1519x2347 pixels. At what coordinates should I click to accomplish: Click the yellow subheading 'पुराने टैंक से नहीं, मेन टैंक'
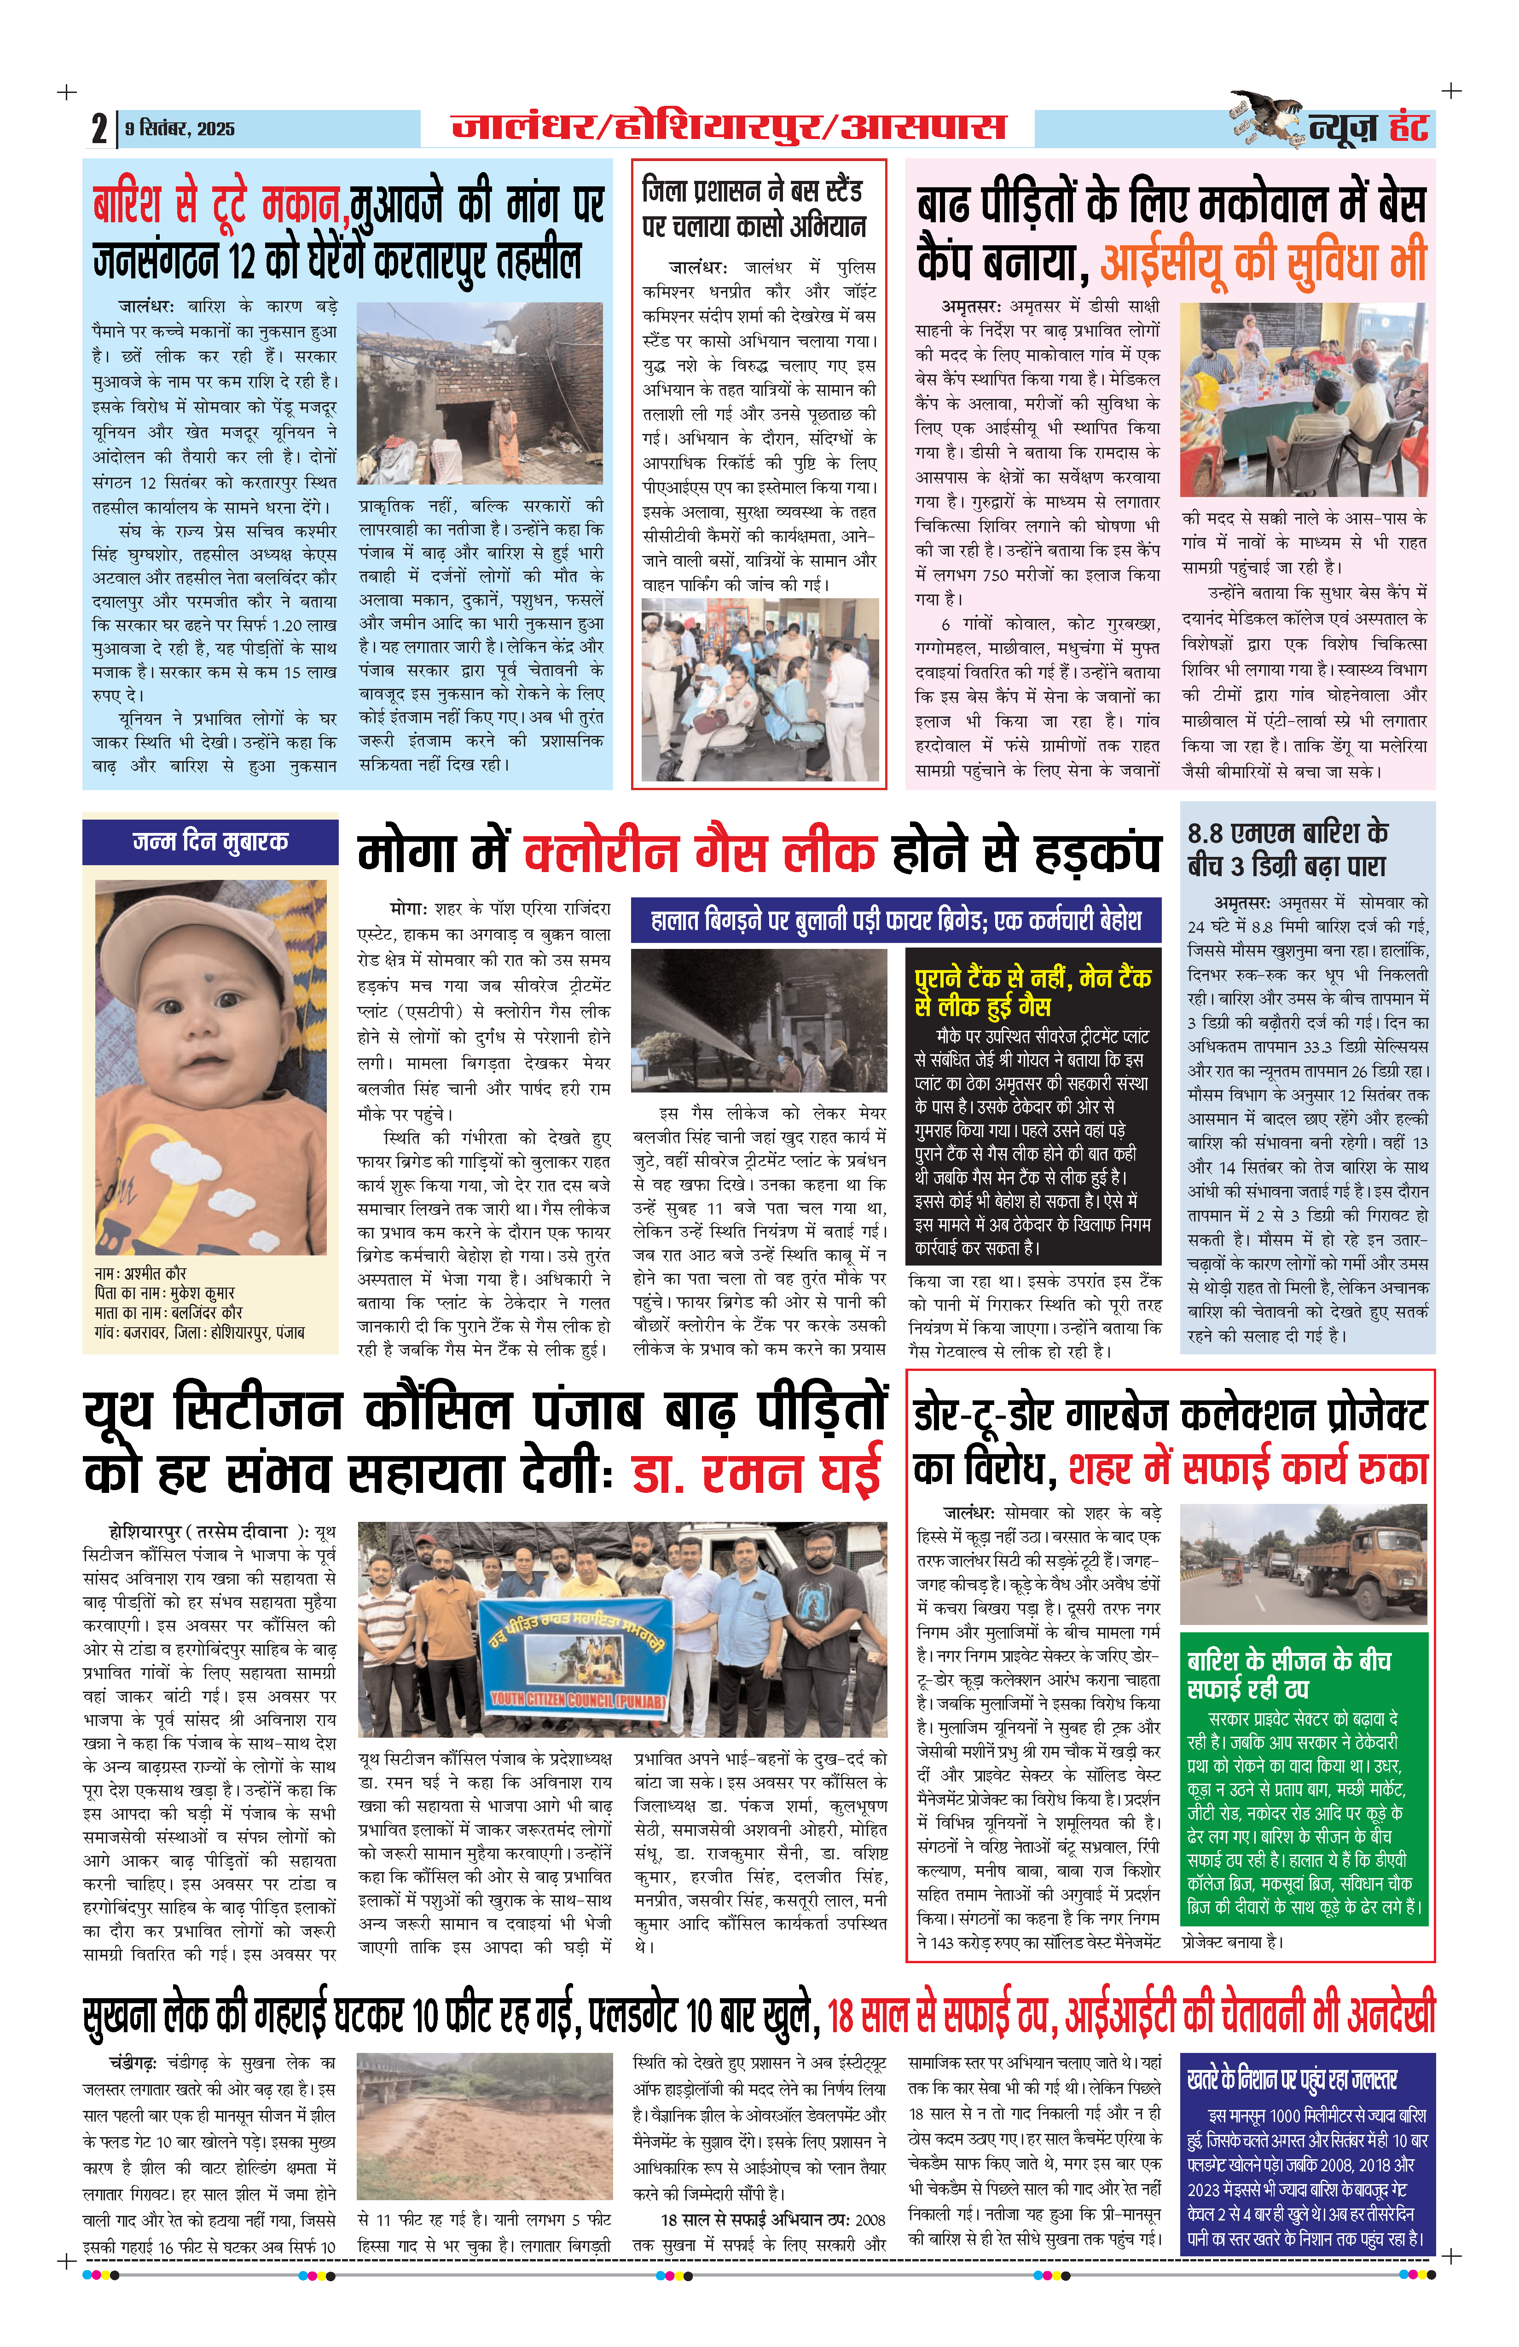[1033, 978]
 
